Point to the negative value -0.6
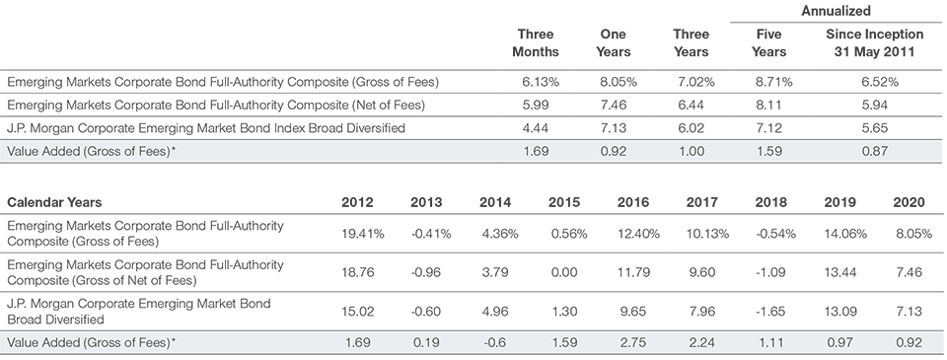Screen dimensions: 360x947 (496, 342)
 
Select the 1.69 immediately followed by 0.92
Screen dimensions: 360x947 (533, 152)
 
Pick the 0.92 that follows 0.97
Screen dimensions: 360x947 (909, 342)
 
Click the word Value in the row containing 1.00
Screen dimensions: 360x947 (23, 153)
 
